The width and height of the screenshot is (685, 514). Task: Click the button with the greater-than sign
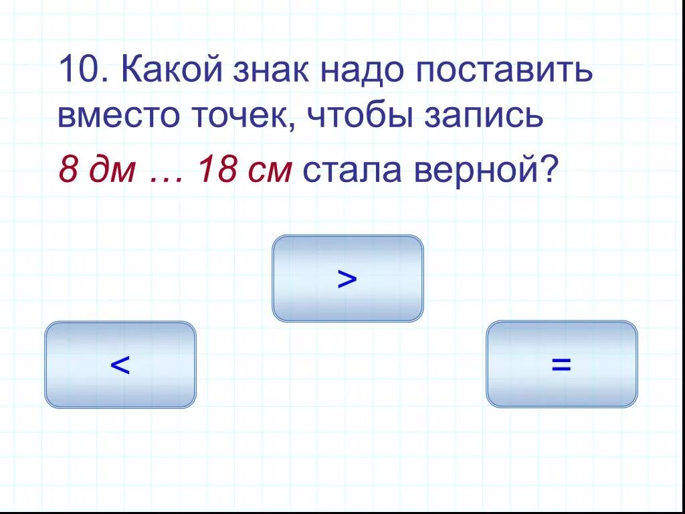click(347, 278)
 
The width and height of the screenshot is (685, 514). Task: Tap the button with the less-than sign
click(120, 365)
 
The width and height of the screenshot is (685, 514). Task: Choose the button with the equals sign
click(561, 364)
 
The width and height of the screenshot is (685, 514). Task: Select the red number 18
click(212, 171)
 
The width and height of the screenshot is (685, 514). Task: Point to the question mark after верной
click(547, 171)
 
